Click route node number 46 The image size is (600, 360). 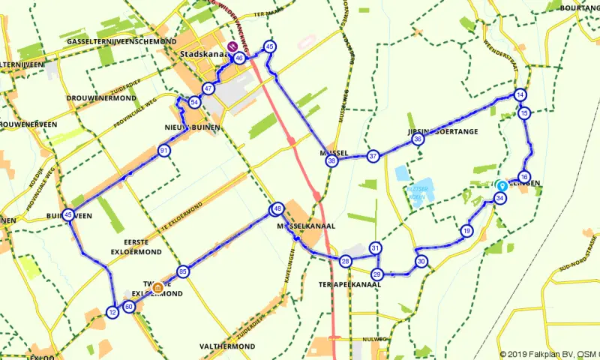239,58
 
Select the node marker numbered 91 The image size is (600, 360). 163,151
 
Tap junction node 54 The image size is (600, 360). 194,102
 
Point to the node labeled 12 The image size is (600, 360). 112,312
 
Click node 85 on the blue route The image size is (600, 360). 182,271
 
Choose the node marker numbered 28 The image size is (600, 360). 346,261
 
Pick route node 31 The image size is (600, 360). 376,248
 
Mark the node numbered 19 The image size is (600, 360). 467,230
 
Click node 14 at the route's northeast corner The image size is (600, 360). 520,94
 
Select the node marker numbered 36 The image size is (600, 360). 418,139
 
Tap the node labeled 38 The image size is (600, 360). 331,160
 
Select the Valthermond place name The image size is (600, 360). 227,346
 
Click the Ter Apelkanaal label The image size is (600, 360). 344,285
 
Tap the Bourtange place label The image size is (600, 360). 580,7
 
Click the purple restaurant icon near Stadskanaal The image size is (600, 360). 232,47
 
